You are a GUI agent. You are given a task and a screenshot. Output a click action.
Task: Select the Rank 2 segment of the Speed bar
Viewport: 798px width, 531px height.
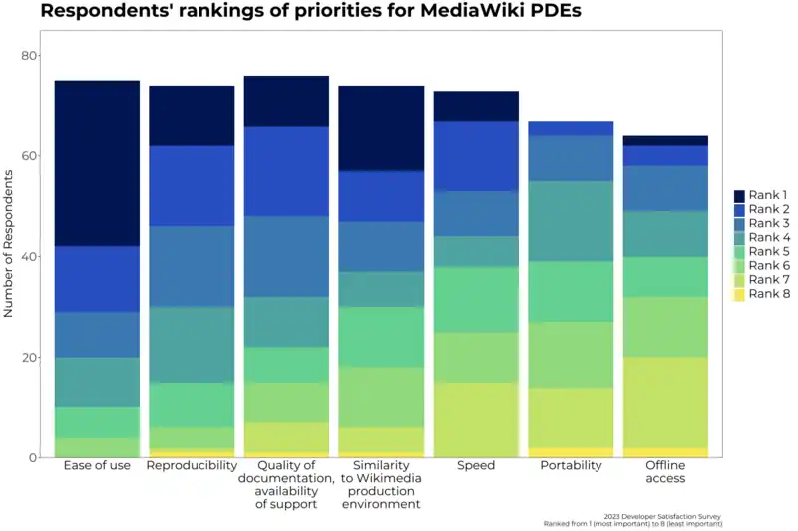tap(476, 156)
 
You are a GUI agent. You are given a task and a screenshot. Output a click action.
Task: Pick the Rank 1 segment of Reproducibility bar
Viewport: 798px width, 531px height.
tap(192, 117)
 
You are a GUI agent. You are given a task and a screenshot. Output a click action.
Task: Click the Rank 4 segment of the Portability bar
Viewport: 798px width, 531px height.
tap(571, 221)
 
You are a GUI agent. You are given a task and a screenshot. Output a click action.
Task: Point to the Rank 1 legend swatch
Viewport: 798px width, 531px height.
tap(739, 196)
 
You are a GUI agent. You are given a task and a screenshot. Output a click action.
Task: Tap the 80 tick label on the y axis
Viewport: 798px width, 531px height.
tap(29, 56)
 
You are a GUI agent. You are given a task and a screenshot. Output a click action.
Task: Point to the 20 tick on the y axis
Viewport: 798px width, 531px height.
tap(29, 358)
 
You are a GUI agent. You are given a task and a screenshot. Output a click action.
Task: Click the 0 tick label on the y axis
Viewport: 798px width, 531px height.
tap(33, 458)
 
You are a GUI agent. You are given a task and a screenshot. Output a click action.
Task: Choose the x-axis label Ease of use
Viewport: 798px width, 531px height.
tap(97, 466)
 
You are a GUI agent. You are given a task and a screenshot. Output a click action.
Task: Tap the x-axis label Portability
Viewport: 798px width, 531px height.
tap(571, 466)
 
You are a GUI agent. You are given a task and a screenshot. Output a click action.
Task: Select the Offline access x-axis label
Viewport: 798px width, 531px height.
tap(665, 472)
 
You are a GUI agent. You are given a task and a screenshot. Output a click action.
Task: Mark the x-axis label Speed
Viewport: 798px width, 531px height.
tap(476, 466)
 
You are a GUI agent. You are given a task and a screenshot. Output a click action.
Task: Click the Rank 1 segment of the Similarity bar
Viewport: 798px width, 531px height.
tap(381, 129)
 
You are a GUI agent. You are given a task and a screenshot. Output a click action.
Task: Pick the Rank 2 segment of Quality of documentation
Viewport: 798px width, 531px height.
tap(286, 171)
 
